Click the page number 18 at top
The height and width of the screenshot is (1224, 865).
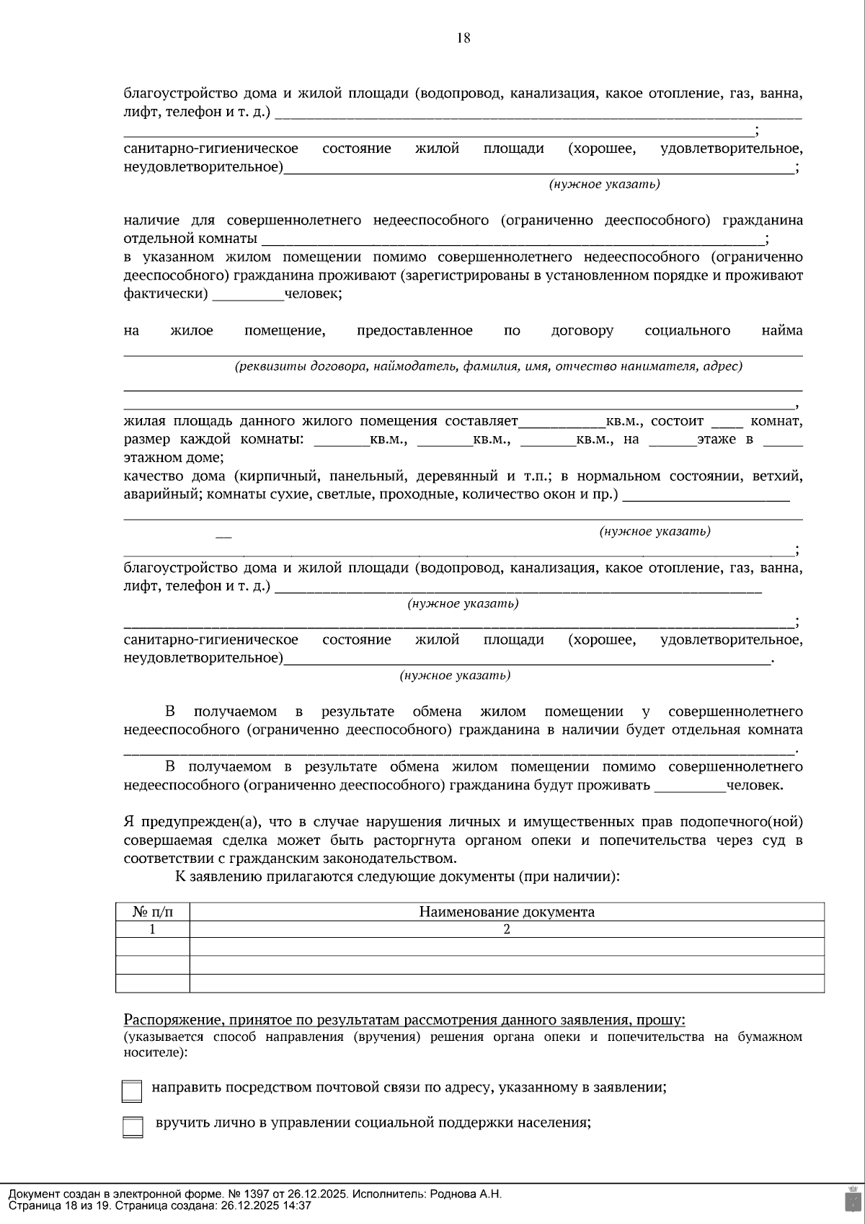tap(463, 38)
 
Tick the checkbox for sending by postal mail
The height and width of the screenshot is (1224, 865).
tap(132, 1091)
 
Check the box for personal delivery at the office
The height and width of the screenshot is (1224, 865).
tap(132, 1127)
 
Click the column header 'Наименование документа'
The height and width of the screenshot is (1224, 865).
tap(507, 912)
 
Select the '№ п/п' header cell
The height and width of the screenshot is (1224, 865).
tap(153, 912)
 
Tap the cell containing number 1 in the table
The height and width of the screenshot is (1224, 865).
tap(153, 929)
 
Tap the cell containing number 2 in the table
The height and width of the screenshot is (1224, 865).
tap(507, 929)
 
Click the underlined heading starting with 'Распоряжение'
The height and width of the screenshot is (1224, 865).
tap(404, 1019)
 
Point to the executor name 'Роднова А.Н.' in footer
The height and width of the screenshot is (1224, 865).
tap(466, 1194)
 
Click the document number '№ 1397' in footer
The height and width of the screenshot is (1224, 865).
tap(249, 1194)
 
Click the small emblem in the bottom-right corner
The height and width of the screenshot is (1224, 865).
tap(852, 1199)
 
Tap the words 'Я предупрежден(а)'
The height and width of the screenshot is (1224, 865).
tap(195, 822)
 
